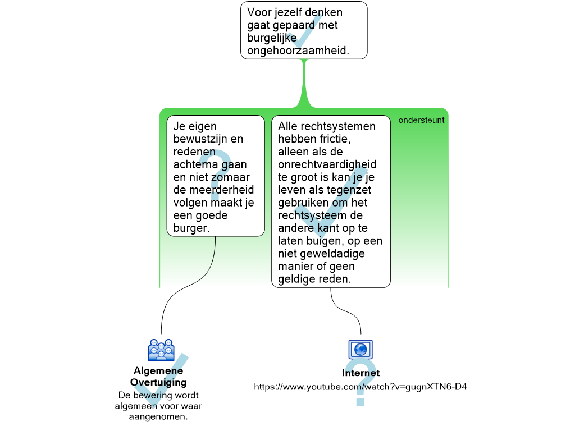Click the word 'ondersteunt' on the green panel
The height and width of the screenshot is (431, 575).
[x=421, y=120]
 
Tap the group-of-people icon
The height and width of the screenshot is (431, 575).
[x=161, y=350]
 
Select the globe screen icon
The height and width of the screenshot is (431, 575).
[x=360, y=350]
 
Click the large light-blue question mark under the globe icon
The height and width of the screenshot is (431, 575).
[x=360, y=383]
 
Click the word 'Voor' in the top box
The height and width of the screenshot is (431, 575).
[x=259, y=12]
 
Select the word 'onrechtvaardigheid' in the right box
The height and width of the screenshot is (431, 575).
[x=327, y=164]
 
